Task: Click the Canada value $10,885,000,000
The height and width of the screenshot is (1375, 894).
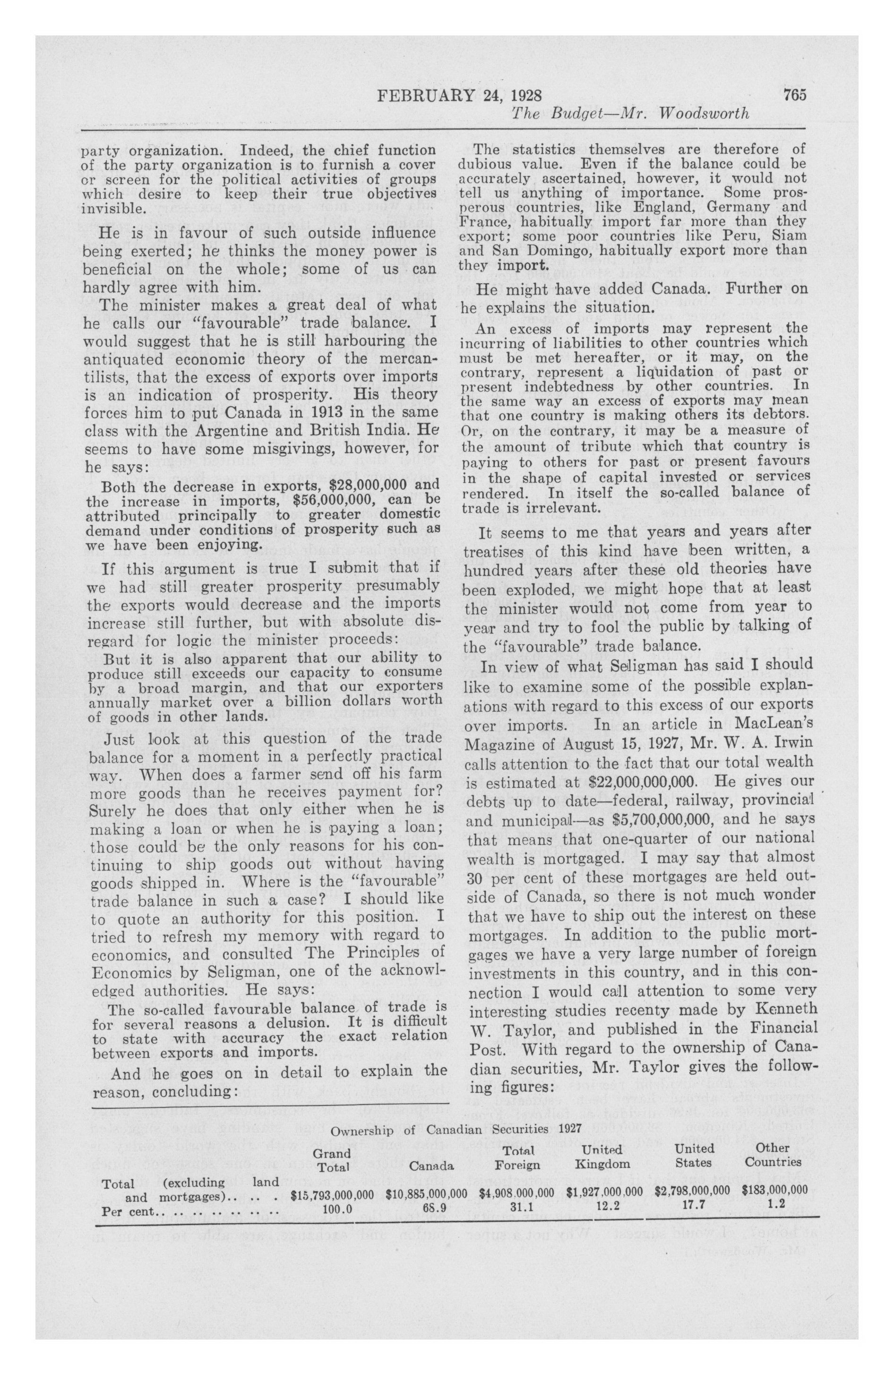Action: pyautogui.click(x=426, y=1191)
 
